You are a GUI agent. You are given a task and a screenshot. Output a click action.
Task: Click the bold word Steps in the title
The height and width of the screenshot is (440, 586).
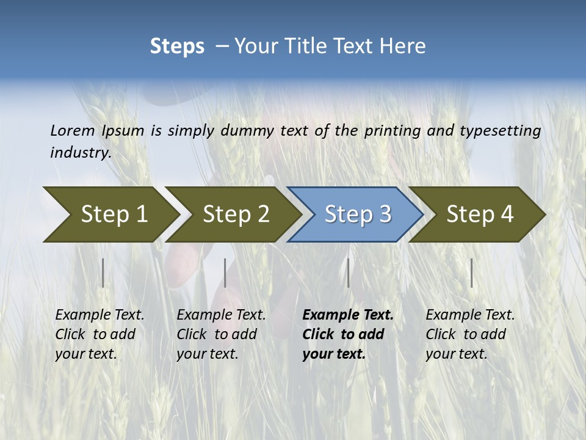(177, 46)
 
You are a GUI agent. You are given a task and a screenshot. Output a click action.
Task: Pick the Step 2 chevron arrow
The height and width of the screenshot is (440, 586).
(233, 214)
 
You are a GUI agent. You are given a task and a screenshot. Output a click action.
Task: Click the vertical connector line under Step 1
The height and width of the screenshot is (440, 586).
(103, 273)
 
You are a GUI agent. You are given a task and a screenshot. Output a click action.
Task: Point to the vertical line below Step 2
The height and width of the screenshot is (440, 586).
(225, 273)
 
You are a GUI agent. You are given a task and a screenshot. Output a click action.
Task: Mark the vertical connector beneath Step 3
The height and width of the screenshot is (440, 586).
(349, 273)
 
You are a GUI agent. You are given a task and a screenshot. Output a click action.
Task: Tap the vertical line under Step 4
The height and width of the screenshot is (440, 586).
(472, 273)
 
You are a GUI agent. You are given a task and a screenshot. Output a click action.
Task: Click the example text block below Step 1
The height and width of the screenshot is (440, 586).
(99, 334)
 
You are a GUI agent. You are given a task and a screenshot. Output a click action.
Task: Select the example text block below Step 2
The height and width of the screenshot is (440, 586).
(221, 334)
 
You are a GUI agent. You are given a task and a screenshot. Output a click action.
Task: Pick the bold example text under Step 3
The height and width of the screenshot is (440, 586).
(348, 334)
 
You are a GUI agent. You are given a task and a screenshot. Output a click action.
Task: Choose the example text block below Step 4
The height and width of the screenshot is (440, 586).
(470, 334)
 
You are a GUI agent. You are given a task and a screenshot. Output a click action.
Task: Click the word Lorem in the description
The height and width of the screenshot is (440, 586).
(72, 130)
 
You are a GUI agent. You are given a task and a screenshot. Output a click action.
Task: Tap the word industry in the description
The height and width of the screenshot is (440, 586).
(81, 153)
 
